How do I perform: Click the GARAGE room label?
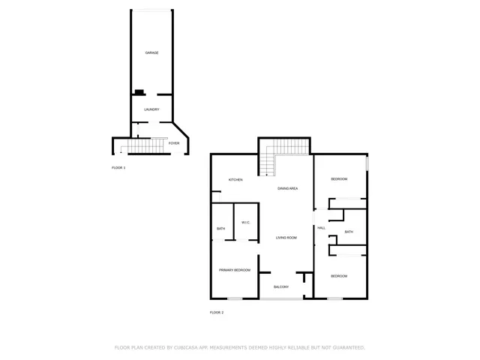tap(151, 52)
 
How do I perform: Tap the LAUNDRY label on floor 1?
tap(151, 109)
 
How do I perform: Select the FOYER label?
tap(173, 142)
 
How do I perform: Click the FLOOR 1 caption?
tap(118, 167)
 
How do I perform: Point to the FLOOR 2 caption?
tap(217, 312)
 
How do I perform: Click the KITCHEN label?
tap(235, 180)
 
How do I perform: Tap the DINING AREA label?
tap(288, 188)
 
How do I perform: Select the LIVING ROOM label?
tap(286, 238)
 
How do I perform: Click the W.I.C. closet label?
tap(245, 222)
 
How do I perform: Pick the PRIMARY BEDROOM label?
tap(234, 270)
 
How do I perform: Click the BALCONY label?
tap(281, 287)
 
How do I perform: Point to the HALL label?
tap(321, 228)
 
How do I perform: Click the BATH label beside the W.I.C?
tap(221, 229)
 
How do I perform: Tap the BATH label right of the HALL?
tap(349, 232)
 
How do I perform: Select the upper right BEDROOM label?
tap(340, 178)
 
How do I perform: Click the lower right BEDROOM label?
tap(340, 276)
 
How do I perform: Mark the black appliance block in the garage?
tap(139, 93)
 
